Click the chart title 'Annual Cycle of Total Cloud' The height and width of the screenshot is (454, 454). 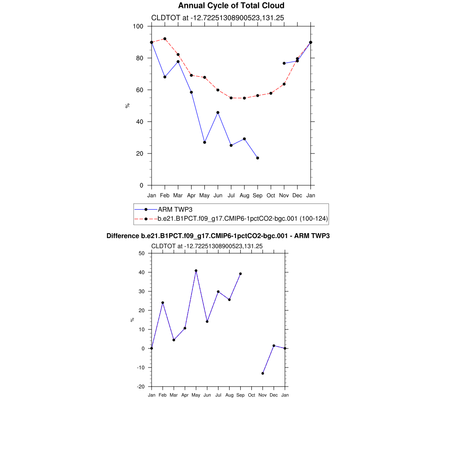point(231,6)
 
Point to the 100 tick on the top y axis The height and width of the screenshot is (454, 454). point(138,26)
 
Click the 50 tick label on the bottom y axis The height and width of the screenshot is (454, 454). point(141,253)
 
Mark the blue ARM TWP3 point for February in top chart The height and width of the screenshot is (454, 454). point(165,77)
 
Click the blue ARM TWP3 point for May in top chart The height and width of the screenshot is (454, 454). point(204,142)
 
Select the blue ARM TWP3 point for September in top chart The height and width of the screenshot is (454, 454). point(258,158)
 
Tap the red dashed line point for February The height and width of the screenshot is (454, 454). point(165,39)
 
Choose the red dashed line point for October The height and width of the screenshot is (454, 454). point(271,93)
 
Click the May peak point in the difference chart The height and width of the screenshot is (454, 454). point(196,270)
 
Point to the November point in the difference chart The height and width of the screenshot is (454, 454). point(263,373)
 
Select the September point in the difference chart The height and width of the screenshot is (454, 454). point(241,274)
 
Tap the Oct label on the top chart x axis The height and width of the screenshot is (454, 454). point(271,196)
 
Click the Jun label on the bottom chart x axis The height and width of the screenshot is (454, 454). point(207,395)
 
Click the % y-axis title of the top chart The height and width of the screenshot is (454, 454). point(127,106)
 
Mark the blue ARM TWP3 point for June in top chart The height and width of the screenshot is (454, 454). point(218,113)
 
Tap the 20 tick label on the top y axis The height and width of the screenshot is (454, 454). point(140,153)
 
